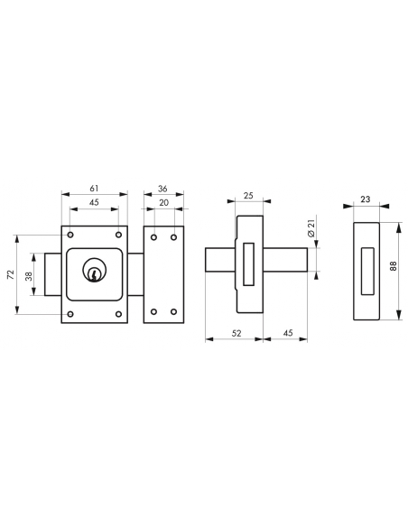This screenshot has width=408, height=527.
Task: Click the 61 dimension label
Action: (x=94, y=189)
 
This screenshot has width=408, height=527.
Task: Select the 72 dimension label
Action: (x=11, y=274)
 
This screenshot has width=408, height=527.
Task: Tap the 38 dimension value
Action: (x=29, y=276)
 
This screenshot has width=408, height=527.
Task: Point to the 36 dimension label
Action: (x=162, y=189)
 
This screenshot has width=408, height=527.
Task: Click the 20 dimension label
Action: (x=163, y=203)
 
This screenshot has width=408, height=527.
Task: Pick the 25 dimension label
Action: (x=248, y=196)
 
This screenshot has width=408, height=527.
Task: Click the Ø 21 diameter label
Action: (x=311, y=228)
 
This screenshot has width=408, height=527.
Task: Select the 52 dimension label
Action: (x=236, y=333)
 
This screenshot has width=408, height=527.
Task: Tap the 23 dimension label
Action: (x=366, y=199)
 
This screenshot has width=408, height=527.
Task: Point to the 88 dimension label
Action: (x=394, y=266)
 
